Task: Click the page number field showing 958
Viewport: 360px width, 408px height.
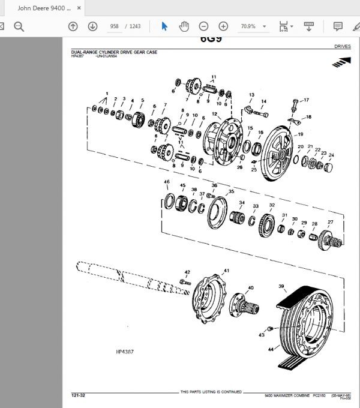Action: tap(113, 26)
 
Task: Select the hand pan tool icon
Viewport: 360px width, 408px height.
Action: tap(184, 26)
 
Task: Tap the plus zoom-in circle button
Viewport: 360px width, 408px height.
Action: tap(223, 26)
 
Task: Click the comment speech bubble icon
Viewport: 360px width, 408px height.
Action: tap(338, 26)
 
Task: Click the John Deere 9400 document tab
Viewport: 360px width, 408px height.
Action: tap(44, 8)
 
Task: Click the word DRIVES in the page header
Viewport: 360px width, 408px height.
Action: tap(343, 46)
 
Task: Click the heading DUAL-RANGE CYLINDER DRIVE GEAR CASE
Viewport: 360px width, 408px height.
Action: tap(114, 52)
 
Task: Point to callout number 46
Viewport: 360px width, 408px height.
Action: tap(167, 182)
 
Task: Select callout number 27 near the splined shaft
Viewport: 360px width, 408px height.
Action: tap(329, 222)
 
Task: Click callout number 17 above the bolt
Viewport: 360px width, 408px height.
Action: tap(306, 100)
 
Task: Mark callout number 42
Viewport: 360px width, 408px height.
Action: tap(187, 272)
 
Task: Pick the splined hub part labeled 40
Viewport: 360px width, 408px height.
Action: tap(244, 303)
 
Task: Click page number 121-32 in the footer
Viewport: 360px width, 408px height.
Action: tap(78, 395)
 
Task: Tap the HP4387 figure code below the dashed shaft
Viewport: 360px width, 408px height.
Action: tap(129, 352)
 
